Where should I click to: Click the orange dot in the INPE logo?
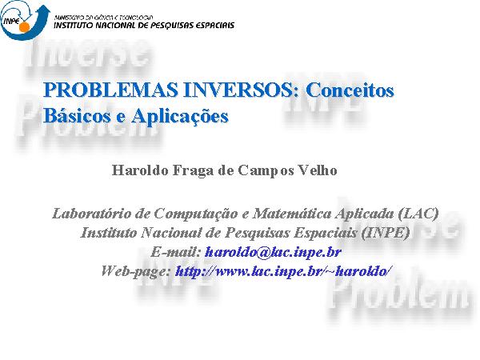[x=24, y=26]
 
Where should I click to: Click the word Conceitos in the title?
[x=350, y=90]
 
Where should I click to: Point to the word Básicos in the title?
[x=78, y=116]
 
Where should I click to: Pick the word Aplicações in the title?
[x=180, y=116]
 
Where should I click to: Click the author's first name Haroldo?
[x=140, y=170]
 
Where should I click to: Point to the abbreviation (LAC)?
[x=418, y=214]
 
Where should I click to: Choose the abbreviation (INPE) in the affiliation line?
[x=385, y=233]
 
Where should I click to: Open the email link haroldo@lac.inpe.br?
[x=273, y=252]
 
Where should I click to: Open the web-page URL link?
[x=283, y=271]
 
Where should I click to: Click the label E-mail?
[x=176, y=252]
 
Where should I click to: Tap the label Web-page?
[x=136, y=271]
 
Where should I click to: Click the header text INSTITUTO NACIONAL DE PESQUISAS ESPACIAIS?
[x=144, y=25]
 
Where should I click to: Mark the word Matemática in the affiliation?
[x=292, y=213]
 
